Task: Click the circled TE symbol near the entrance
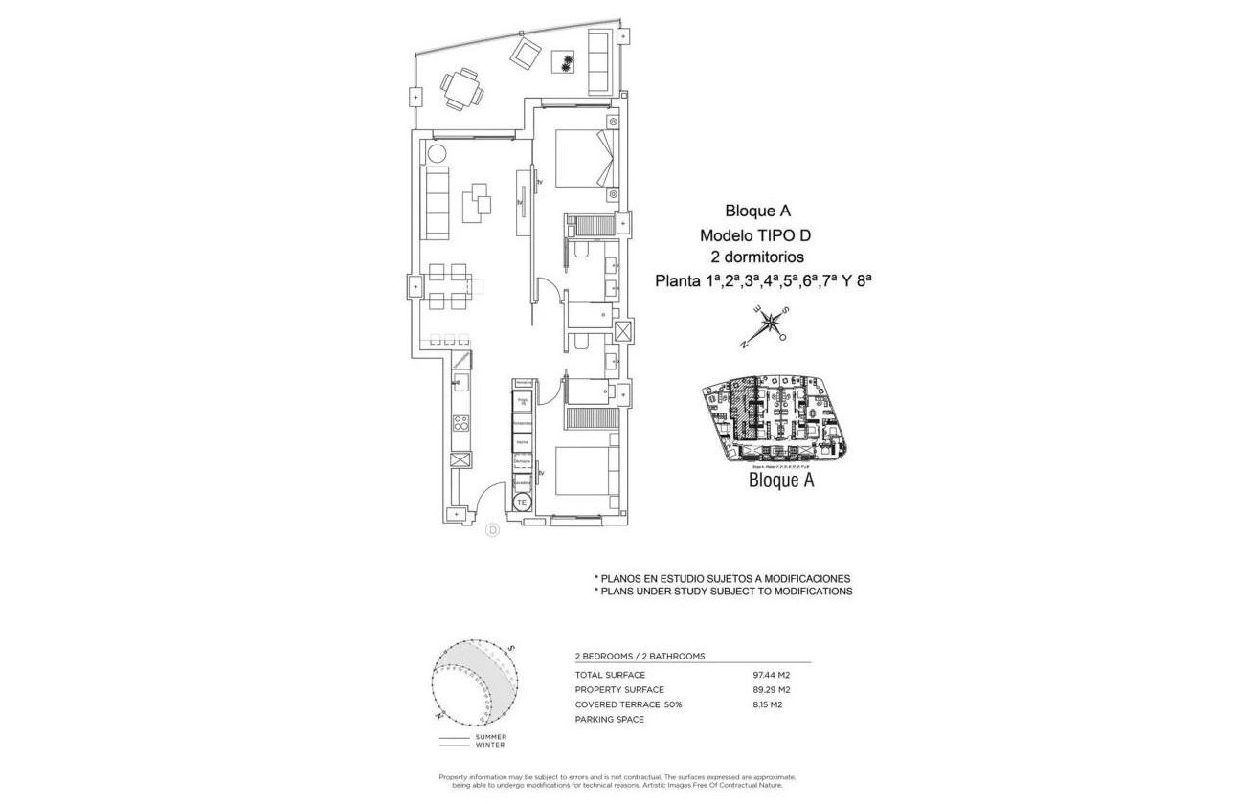click(x=522, y=502)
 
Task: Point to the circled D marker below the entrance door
click(x=493, y=529)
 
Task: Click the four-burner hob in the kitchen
click(x=460, y=422)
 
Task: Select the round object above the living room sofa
click(x=437, y=153)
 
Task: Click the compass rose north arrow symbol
click(x=769, y=326)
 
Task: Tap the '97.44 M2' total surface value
click(x=773, y=675)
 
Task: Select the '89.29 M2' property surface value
click(x=773, y=689)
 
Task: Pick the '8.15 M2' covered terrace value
click(x=771, y=704)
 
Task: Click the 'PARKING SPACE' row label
click(x=610, y=720)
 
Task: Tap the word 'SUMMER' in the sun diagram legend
click(x=490, y=737)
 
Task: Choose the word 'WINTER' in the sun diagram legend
click(x=489, y=745)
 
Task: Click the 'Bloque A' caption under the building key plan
click(x=780, y=480)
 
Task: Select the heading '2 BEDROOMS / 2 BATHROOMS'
click(x=640, y=657)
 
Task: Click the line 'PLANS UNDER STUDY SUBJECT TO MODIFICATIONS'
click(x=724, y=592)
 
